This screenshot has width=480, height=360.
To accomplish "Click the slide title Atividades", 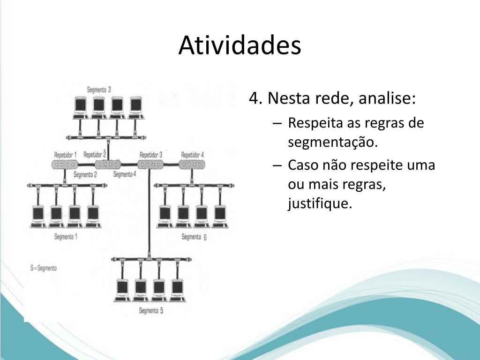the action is pos(240,46).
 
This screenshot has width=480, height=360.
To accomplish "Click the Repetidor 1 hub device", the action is pos(64,165).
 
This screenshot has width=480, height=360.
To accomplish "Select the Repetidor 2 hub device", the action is pos(107,164).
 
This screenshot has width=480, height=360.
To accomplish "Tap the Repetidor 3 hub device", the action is pos(150,164).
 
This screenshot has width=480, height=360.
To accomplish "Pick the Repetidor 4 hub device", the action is pos(192,164).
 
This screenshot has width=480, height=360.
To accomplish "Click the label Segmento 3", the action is pos(99,90).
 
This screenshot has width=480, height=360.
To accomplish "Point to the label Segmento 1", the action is pos(66,237).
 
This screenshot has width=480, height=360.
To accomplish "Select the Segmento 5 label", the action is pos(151,310).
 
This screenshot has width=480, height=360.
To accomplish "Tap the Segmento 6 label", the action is pos(194,237).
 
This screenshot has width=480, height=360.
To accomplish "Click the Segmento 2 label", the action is pos(85,175).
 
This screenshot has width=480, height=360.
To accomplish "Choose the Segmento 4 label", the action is pos(125,174).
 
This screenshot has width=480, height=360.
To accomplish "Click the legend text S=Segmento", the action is pos(44,268).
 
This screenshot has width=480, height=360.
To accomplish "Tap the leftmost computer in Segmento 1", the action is pos(38,215).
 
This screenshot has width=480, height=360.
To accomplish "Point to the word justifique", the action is pos(319,204).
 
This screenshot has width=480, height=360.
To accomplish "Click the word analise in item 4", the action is pos(386,99).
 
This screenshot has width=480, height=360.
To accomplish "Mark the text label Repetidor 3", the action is pos(151,155).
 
